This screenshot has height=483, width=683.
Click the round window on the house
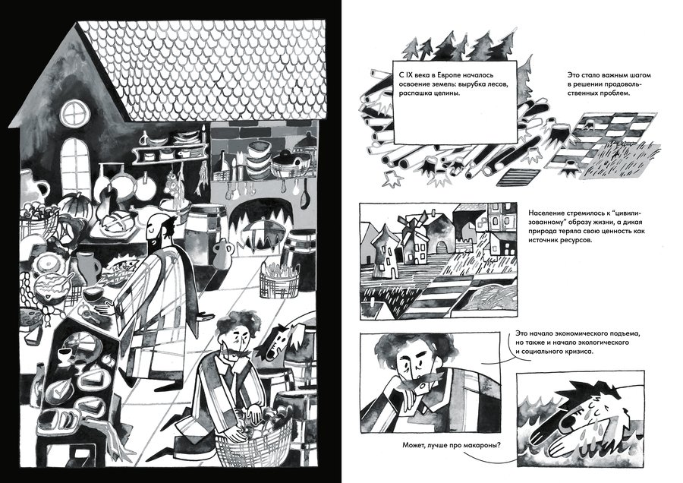click(75, 114)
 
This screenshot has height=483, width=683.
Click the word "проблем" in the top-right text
click(615, 93)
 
